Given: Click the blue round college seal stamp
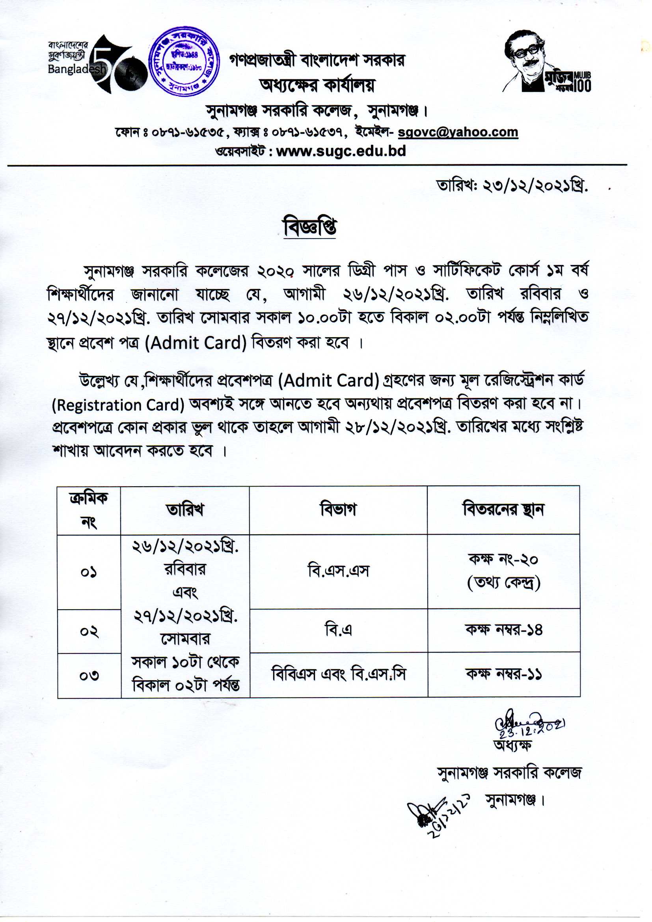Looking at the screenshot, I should (x=184, y=62).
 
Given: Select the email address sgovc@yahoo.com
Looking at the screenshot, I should (x=458, y=132).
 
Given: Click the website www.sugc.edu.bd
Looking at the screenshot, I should (x=341, y=151).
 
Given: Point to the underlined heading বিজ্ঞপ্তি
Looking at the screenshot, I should (x=309, y=227).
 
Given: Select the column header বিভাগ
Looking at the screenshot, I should (x=338, y=510).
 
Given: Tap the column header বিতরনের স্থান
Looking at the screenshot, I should (x=503, y=510).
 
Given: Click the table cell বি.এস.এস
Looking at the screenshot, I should (x=338, y=571).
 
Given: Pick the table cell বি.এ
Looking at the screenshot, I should (x=338, y=630).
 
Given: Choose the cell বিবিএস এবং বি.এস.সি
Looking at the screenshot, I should (x=338, y=674).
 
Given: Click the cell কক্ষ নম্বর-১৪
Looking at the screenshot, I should (x=503, y=630).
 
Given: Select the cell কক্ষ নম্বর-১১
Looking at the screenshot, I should (x=503, y=674).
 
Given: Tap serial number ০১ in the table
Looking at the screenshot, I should (x=89, y=572).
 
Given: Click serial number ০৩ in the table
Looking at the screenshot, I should (x=89, y=675).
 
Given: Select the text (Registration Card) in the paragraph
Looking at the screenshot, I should (x=118, y=405).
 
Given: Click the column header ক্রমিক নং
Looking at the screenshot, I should (x=89, y=510).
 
